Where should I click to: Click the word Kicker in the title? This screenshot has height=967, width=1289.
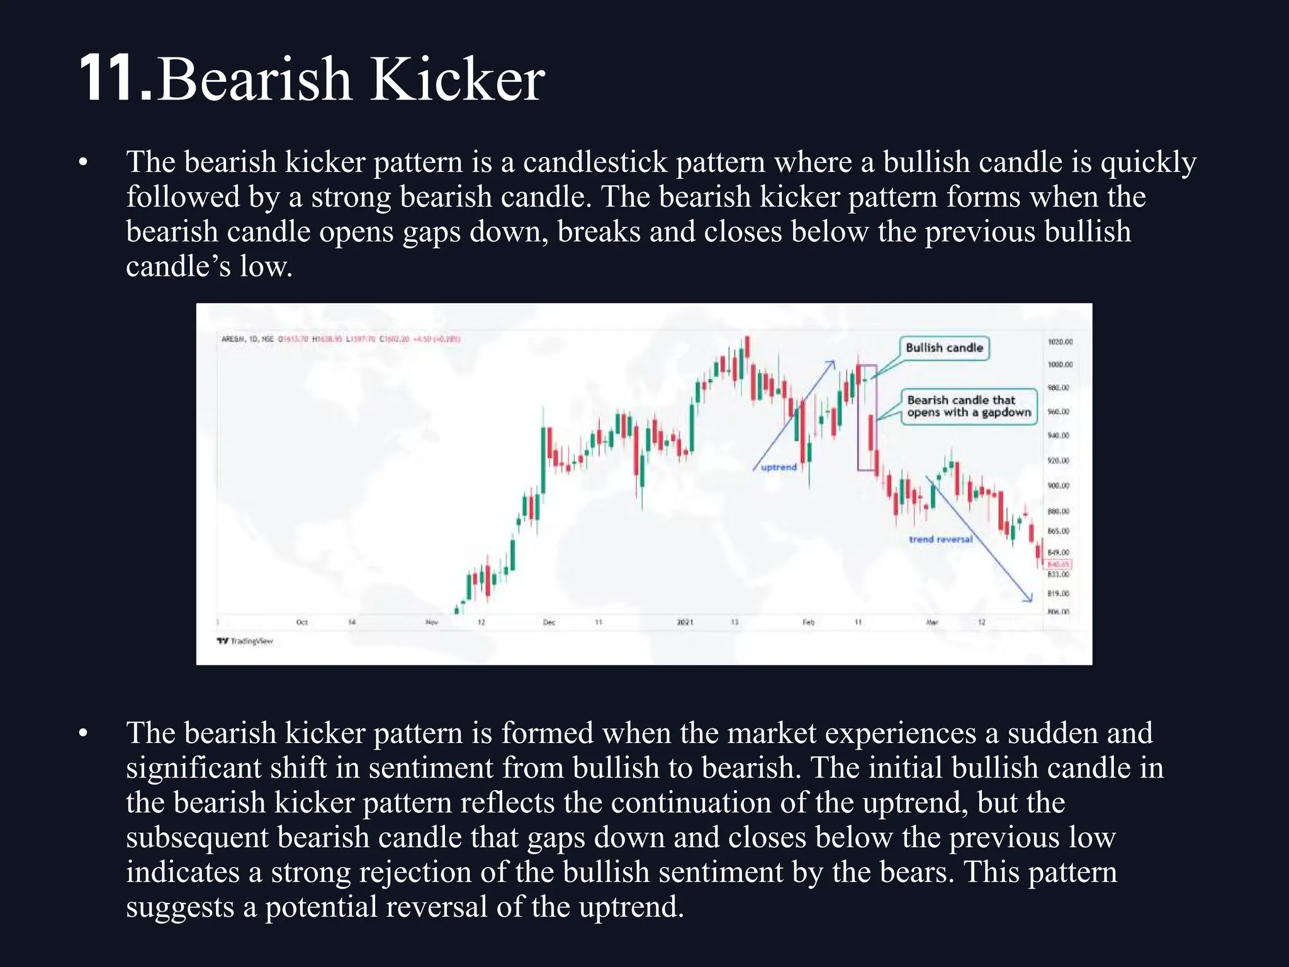[456, 79]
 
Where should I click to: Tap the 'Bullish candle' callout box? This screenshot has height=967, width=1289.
[944, 348]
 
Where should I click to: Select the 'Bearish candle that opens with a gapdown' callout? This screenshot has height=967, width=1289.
[969, 406]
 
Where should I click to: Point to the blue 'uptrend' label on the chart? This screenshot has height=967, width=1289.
[779, 467]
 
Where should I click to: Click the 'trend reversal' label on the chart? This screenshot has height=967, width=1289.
[940, 539]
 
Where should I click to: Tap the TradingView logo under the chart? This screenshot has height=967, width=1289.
[245, 641]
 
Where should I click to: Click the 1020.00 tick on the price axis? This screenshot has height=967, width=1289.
[1060, 342]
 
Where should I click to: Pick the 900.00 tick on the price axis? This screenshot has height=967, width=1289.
[1059, 485]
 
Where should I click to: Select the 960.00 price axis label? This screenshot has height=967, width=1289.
[1059, 412]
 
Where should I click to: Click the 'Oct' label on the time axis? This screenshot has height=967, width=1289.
[302, 622]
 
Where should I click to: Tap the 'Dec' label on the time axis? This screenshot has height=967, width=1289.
[549, 622]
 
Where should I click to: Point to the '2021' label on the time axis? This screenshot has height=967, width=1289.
[685, 622]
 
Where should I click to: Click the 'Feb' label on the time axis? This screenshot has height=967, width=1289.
[808, 622]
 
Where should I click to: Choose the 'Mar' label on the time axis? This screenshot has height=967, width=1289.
[932, 622]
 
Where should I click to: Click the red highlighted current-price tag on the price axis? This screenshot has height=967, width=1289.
[1059, 564]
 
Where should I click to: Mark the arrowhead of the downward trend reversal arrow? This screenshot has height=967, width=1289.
[1030, 599]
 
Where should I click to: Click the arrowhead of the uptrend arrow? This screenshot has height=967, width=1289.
[832, 363]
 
